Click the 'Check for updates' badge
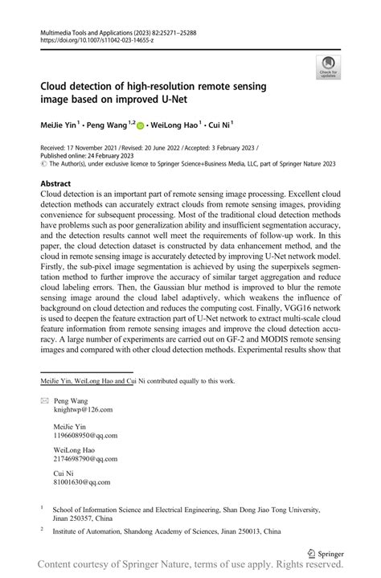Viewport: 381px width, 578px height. (327, 68)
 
